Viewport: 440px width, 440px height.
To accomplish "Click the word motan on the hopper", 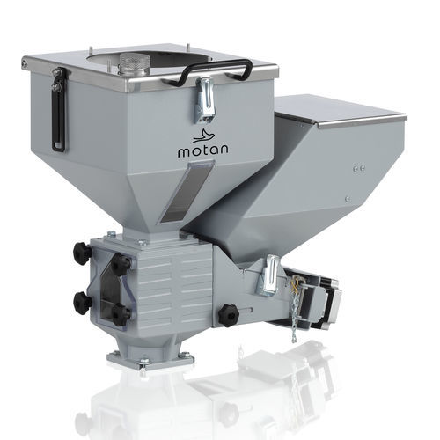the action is pyautogui.click(x=203, y=150).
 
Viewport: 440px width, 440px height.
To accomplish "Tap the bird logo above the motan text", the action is pyautogui.click(x=203, y=136).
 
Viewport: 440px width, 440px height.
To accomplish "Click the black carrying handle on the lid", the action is pyautogui.click(x=214, y=71).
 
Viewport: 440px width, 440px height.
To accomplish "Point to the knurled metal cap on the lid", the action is pyautogui.click(x=134, y=63).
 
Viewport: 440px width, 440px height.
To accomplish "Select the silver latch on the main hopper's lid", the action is pyautogui.click(x=205, y=99).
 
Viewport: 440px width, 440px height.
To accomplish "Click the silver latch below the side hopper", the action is pyautogui.click(x=268, y=275).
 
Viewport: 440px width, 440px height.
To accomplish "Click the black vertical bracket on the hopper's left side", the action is pyautogui.click(x=59, y=109).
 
